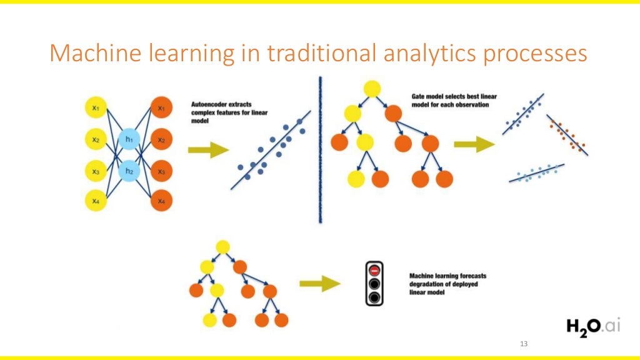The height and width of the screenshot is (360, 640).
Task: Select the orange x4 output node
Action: coord(161,201)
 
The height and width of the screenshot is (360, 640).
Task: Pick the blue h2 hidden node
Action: coord(129,171)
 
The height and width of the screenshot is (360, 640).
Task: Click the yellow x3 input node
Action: coord(96,171)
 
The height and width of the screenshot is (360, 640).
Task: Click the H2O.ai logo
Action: coord(593,326)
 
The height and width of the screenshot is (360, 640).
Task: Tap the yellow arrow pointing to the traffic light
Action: coord(319,283)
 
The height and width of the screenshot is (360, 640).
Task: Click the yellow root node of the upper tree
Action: coord(372,89)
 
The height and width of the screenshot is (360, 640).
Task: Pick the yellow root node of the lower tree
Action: coord(223,247)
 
